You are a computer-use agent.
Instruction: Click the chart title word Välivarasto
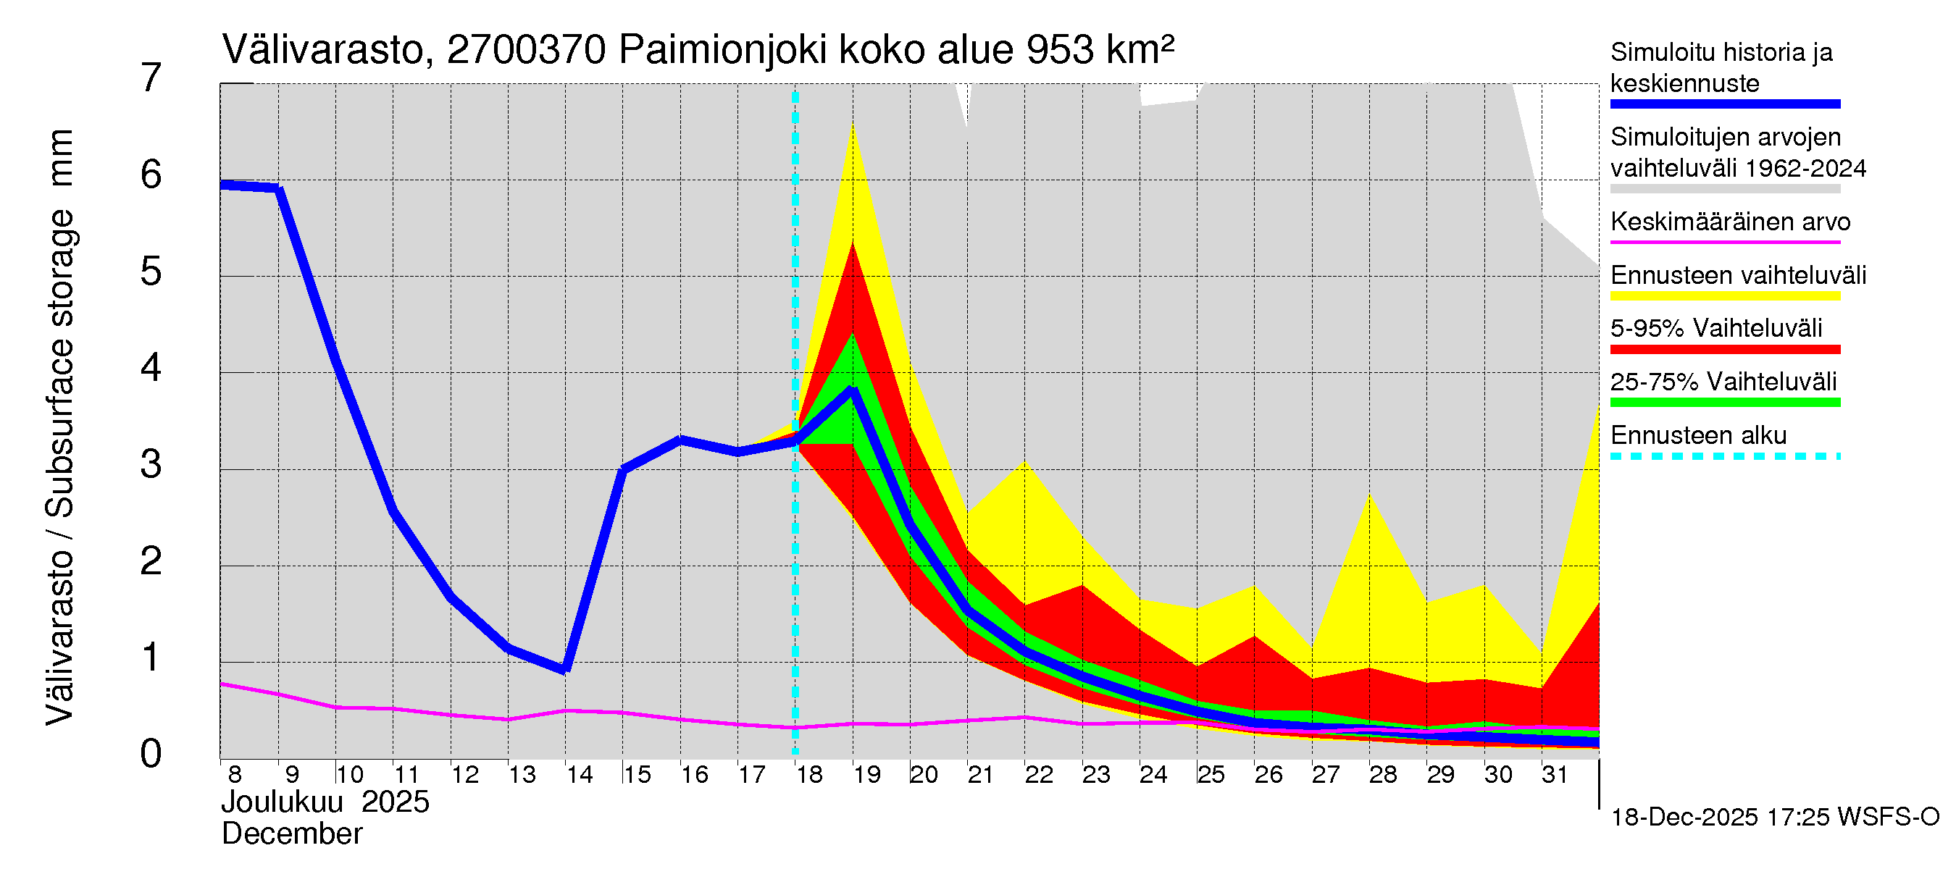pos(322,50)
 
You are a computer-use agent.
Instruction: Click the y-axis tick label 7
pos(151,78)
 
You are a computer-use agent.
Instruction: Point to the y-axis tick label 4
pos(151,368)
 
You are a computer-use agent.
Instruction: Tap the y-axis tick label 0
pos(151,755)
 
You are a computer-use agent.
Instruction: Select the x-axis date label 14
pos(579,775)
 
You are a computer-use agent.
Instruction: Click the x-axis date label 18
pos(808,775)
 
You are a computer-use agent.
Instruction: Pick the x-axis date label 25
pos(1211,775)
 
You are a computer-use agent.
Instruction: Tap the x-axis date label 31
pos(1555,775)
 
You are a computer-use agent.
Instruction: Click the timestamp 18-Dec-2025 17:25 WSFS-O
pos(1774,818)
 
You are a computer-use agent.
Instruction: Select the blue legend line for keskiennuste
pos(1724,104)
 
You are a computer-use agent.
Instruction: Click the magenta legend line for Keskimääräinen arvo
pos(1724,242)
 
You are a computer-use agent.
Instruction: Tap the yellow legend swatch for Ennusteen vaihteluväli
pos(1724,296)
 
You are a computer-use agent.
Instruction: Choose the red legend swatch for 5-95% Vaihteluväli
pos(1724,349)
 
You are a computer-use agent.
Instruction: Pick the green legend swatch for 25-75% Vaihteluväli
pos(1724,402)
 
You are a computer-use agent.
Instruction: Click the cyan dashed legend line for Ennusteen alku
pos(1724,456)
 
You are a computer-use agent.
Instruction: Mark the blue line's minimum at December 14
pos(565,669)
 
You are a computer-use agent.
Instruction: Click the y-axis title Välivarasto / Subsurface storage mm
pos(59,427)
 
